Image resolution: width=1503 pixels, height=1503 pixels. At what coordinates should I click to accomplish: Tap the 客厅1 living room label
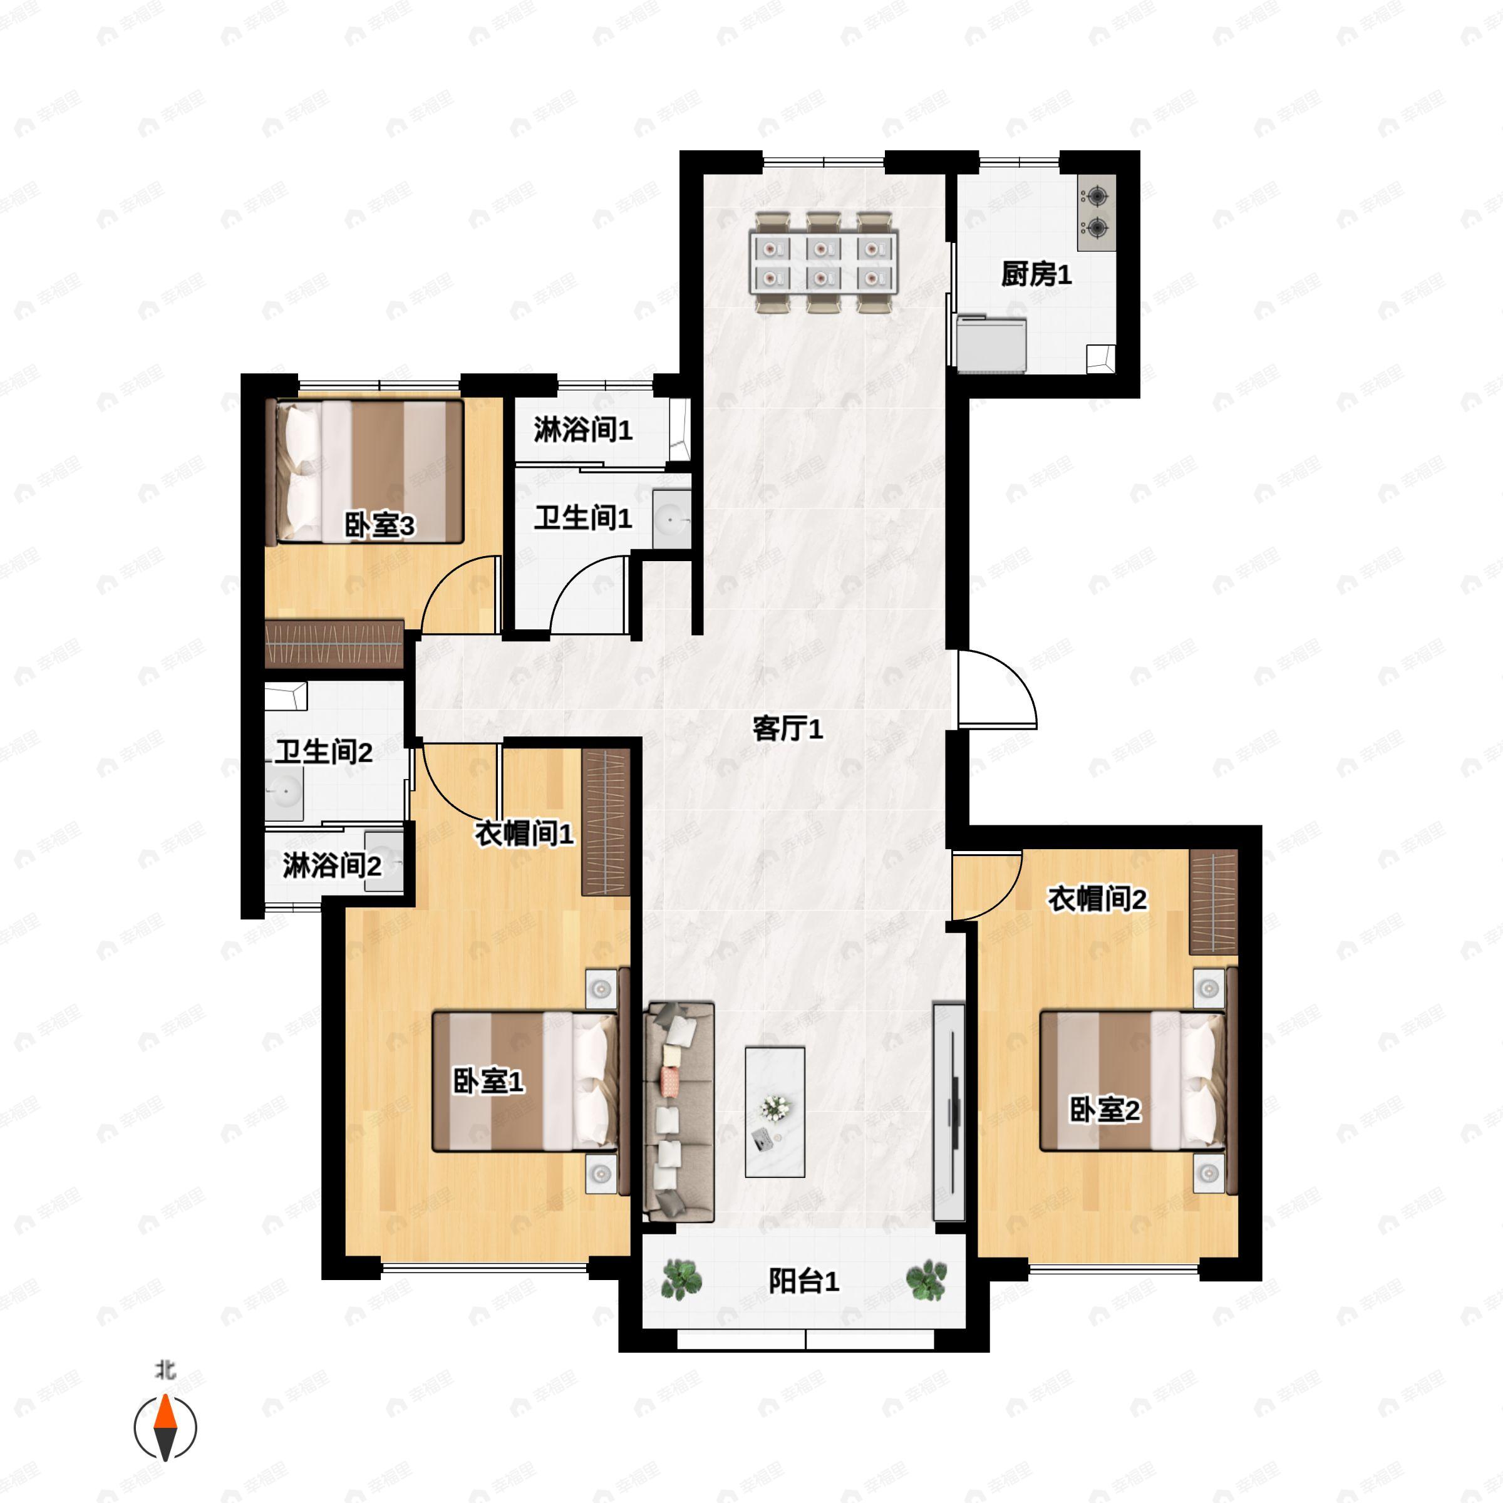click(787, 729)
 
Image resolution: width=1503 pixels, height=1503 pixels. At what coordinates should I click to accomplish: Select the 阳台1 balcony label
click(803, 1281)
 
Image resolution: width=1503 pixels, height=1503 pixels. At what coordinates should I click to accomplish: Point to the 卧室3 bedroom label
click(379, 525)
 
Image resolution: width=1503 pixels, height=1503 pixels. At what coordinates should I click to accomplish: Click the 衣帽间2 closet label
click(1097, 899)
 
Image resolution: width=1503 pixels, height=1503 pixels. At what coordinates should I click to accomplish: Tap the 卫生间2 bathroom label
click(323, 751)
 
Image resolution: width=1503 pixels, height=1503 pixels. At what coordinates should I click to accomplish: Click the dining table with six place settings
click(823, 262)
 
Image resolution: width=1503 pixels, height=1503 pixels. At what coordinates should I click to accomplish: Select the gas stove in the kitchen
click(1096, 212)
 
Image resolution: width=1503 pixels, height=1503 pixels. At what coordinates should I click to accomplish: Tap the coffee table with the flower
click(775, 1112)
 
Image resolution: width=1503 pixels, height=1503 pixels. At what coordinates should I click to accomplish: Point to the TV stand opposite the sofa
click(948, 1112)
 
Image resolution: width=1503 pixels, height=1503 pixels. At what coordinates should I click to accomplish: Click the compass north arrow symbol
click(165, 1428)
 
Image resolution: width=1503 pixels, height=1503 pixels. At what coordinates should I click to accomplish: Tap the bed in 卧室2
click(1134, 1080)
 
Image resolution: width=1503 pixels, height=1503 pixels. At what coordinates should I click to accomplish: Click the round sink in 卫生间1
click(671, 519)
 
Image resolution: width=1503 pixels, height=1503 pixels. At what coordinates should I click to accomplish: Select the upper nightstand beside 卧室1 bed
click(601, 989)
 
